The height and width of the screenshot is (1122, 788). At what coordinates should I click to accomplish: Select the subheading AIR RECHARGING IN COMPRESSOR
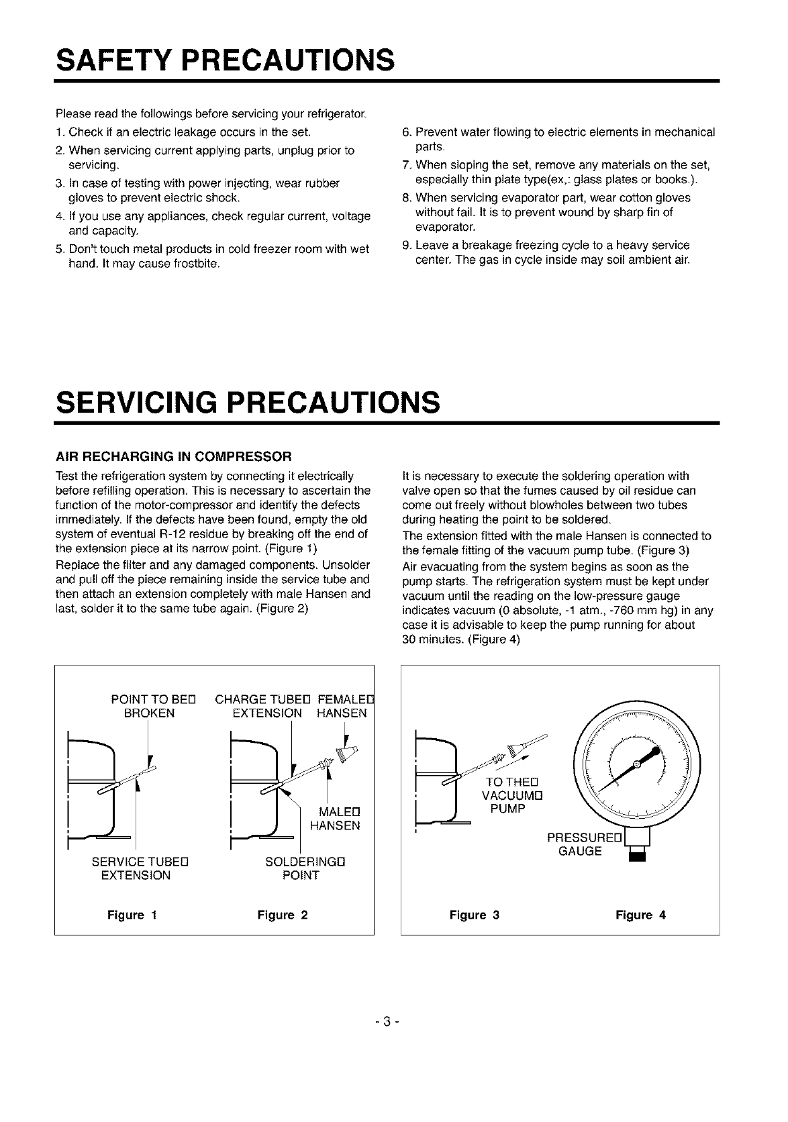(173, 456)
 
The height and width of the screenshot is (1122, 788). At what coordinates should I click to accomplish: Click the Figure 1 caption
(132, 915)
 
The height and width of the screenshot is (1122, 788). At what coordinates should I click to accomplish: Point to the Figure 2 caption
(282, 915)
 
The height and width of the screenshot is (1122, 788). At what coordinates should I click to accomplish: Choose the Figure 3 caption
(474, 915)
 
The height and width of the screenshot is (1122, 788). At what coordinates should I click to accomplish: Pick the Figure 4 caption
(640, 915)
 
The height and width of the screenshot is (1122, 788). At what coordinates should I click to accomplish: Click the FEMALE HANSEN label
(344, 706)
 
